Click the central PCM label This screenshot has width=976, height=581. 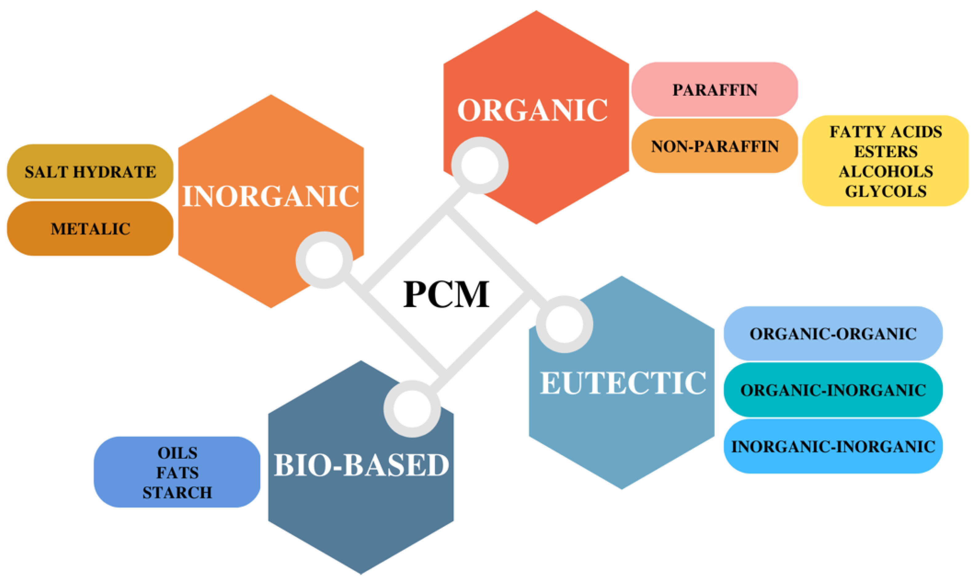[446, 294]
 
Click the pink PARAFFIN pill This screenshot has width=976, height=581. [714, 90]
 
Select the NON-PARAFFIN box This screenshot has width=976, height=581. [714, 146]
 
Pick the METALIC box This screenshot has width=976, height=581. [90, 229]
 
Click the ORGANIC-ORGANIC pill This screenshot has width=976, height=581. [833, 334]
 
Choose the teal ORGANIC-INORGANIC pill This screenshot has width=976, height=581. [833, 390]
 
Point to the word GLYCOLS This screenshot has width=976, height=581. [886, 191]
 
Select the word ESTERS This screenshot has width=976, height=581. [886, 151]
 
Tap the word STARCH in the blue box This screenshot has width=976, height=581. [177, 492]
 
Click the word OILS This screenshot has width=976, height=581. [177, 453]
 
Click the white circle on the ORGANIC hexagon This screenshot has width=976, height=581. [480, 165]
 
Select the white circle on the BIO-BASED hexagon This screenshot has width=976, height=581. [412, 409]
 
